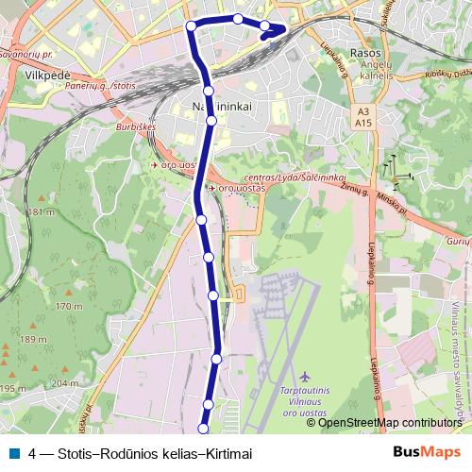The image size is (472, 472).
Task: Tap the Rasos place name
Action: click(x=364, y=53)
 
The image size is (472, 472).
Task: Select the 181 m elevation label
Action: click(x=43, y=212)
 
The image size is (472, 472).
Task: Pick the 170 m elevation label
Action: click(x=68, y=307)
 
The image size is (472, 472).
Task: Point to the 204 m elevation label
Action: click(x=64, y=382)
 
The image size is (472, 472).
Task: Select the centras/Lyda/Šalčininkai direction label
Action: click(x=295, y=177)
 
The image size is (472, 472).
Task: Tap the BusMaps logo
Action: click(x=425, y=451)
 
